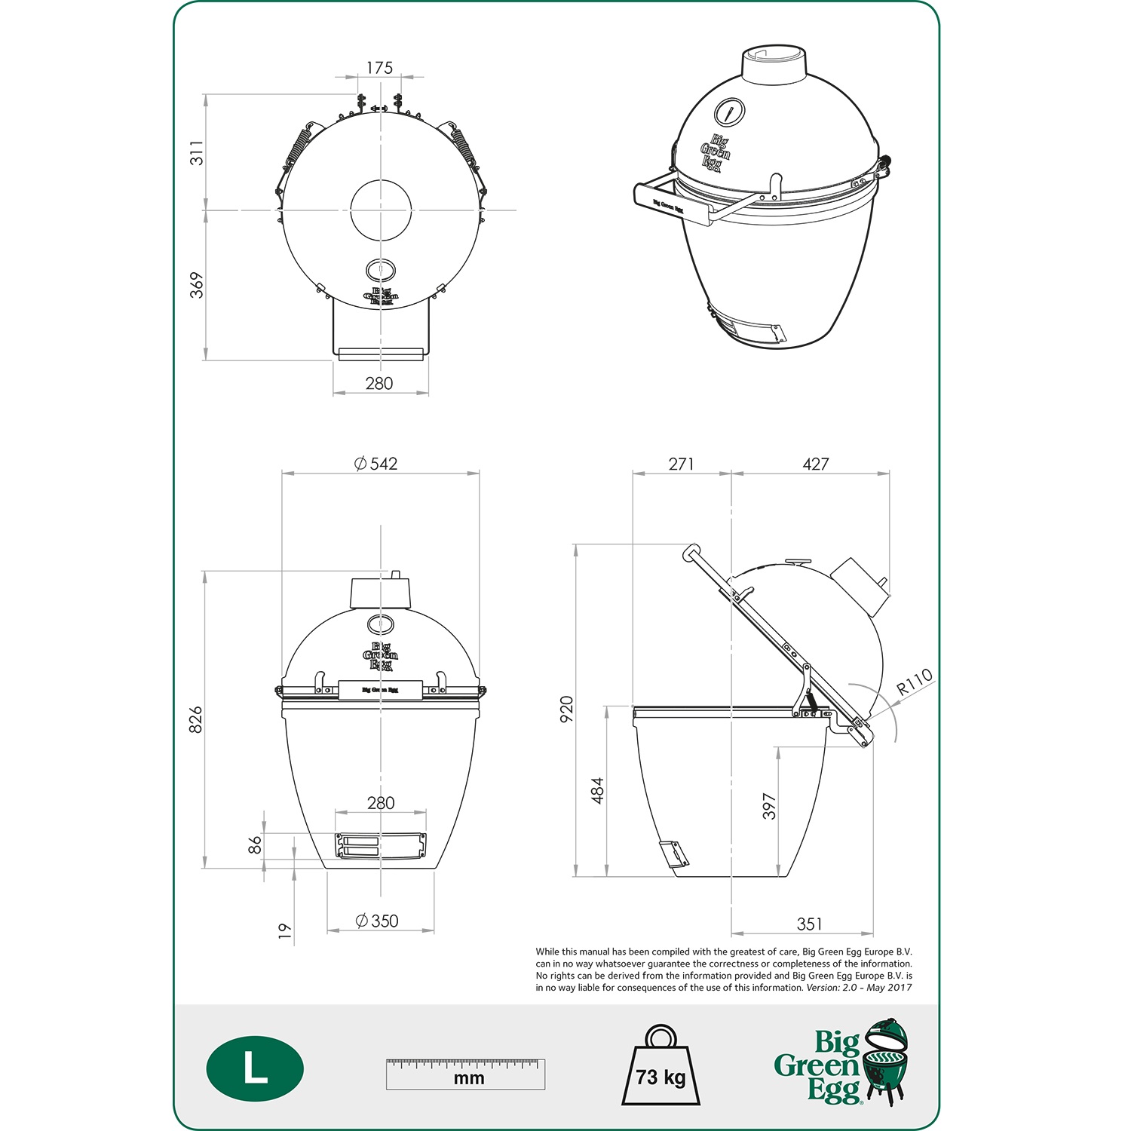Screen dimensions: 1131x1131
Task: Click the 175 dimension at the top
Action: [379, 68]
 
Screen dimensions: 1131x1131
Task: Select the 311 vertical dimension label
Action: [197, 152]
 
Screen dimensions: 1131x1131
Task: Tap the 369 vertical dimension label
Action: [197, 285]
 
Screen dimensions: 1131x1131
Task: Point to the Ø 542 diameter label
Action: [376, 464]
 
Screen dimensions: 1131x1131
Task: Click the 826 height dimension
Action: [195, 719]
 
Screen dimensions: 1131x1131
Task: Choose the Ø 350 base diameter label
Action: [377, 921]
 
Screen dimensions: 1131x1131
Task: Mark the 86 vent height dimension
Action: [256, 844]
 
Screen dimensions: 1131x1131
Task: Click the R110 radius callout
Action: [914, 682]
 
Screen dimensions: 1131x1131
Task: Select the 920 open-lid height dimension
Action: [567, 710]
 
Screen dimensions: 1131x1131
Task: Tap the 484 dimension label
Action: [597, 790]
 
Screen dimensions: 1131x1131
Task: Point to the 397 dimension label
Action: [768, 806]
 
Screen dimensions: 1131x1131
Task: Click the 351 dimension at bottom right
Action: [809, 924]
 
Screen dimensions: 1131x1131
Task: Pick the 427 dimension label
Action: [815, 464]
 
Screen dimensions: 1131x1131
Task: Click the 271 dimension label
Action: [681, 464]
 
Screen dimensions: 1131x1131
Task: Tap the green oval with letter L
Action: [255, 1069]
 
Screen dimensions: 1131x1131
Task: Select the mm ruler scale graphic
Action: [465, 1074]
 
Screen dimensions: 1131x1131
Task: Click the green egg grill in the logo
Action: [886, 1059]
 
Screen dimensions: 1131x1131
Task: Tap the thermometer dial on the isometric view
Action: [729, 113]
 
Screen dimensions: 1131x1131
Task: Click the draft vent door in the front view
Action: [381, 845]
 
